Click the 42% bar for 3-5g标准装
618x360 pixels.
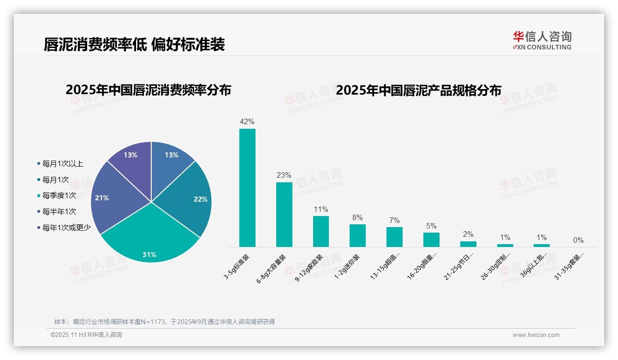tap(247, 188)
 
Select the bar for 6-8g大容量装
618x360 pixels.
tap(284, 215)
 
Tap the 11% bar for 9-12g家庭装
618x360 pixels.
tap(321, 231)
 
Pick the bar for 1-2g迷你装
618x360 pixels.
tap(357, 235)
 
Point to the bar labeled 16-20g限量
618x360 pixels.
tap(431, 240)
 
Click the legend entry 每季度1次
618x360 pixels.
tap(59, 196)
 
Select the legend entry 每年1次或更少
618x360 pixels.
tap(66, 228)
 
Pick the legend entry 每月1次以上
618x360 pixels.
tap(63, 164)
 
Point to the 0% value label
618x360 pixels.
tap(578, 240)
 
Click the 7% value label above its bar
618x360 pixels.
tap(394, 221)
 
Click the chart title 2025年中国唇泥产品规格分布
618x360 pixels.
tap(418, 90)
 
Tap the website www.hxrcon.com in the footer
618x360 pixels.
tap(536, 335)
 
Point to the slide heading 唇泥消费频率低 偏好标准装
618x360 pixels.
tap(134, 44)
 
